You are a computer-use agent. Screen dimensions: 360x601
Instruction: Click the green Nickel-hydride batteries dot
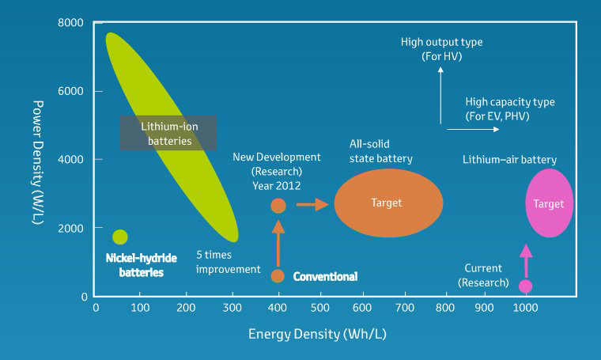click(x=120, y=237)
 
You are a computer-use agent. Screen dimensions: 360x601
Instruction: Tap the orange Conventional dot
click(x=278, y=275)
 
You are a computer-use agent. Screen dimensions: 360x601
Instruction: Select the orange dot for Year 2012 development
click(x=278, y=206)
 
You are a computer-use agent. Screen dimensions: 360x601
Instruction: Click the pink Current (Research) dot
click(x=525, y=286)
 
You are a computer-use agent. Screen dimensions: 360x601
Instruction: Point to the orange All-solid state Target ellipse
click(x=387, y=203)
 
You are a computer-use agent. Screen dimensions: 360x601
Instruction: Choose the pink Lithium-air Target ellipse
click(x=549, y=203)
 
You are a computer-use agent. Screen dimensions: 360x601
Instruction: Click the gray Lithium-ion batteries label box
click(x=168, y=133)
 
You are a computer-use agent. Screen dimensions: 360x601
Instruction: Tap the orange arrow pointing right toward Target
click(x=312, y=205)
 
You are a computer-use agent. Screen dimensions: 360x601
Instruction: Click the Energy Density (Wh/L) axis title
click(x=317, y=334)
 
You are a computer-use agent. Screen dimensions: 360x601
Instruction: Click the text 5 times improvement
click(x=229, y=262)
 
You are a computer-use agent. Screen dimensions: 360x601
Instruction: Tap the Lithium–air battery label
click(x=509, y=160)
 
